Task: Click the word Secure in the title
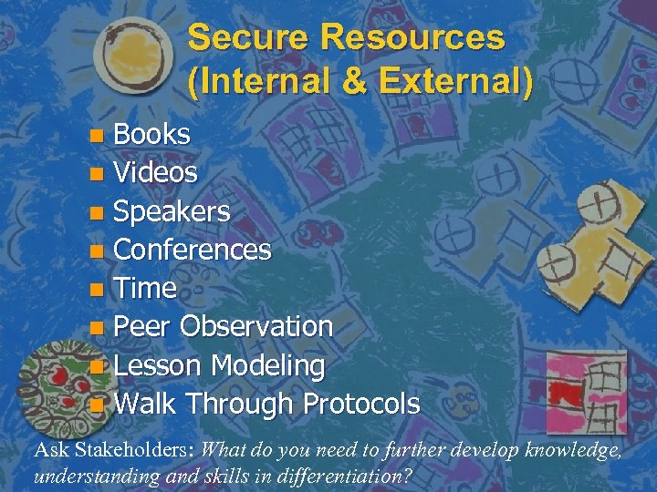249,38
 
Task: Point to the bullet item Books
152,135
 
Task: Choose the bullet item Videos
156,173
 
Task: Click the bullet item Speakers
172,211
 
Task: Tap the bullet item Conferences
193,250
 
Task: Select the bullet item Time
146,288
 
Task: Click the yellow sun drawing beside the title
130,57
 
